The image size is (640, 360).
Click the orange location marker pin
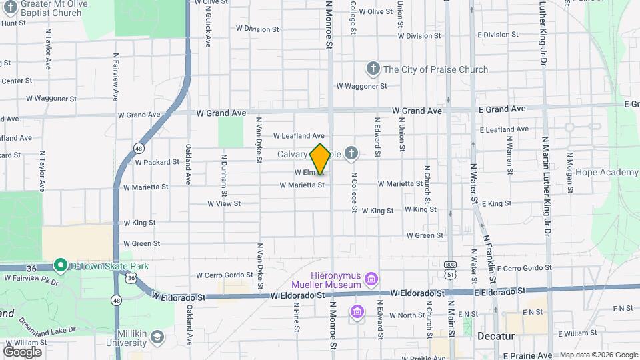[320, 159]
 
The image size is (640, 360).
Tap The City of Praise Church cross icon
[373, 69]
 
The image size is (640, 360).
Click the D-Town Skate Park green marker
[60, 265]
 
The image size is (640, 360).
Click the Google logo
[22, 351]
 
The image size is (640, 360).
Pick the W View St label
[223, 203]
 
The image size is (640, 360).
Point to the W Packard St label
[157, 162]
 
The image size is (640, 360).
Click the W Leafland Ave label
[298, 135]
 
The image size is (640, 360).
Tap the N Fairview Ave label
[115, 76]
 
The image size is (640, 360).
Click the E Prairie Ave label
[527, 355]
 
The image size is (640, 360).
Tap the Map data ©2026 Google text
[598, 355]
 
